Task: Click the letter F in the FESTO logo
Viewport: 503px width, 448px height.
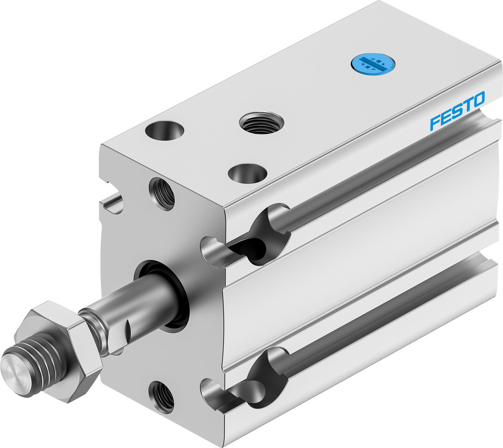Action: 435,123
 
